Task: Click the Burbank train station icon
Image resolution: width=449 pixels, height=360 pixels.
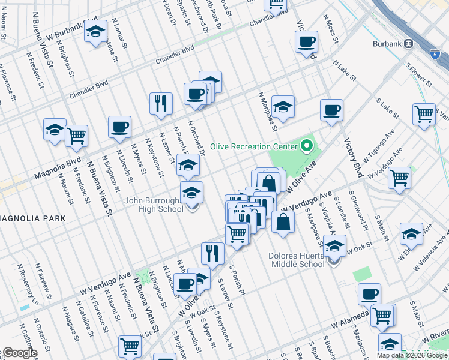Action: (x=409, y=43)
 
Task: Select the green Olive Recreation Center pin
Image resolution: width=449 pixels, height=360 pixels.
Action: (x=307, y=146)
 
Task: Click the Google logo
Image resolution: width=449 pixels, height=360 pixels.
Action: (x=19, y=353)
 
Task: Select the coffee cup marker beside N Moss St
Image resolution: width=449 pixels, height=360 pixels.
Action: (x=306, y=43)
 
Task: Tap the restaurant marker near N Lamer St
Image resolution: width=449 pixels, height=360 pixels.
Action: (x=161, y=104)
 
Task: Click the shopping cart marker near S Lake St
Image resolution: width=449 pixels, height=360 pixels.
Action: (x=424, y=114)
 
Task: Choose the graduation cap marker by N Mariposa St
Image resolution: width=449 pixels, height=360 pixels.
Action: (x=283, y=107)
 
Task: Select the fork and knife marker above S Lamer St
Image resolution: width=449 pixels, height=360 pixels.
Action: (x=212, y=253)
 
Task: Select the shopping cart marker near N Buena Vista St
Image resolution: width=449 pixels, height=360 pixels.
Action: (x=76, y=136)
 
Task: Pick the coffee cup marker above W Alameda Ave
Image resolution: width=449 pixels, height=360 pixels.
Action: (x=369, y=295)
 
